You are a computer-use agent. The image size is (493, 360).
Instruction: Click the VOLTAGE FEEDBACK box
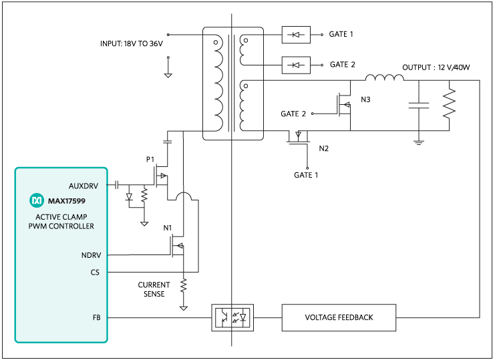pos(339,317)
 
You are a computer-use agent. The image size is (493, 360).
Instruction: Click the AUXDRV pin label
pos(84,185)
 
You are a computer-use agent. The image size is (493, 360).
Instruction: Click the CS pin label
pos(94,272)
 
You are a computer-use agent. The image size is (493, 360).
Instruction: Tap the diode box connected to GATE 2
pos(296,65)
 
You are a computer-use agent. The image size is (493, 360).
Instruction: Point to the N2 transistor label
pos(324,148)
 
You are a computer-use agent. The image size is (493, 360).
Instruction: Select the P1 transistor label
pos(150,161)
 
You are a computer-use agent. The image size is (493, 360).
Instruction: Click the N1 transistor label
pos(168,228)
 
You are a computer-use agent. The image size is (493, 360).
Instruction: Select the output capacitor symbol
pos(419,105)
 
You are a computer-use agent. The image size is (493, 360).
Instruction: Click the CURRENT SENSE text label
pos(154,289)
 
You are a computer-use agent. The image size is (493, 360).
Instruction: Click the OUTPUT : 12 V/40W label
pos(436,67)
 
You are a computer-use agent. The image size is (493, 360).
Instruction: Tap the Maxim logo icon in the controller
pos(36,200)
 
